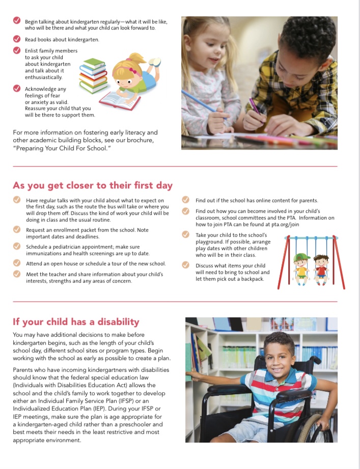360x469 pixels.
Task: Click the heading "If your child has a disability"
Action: (75, 322)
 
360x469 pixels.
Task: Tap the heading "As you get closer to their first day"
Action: (92, 185)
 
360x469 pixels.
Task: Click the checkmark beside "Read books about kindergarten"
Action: (16, 39)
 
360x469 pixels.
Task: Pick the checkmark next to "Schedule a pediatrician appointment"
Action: (17, 246)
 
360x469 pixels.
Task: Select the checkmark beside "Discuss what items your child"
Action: (185, 265)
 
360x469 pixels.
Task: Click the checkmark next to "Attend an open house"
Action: (17, 263)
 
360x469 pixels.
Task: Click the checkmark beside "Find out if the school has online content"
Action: (185, 200)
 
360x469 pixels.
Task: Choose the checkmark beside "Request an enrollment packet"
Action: (17, 230)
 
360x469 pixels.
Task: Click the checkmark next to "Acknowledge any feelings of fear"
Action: (16, 88)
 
